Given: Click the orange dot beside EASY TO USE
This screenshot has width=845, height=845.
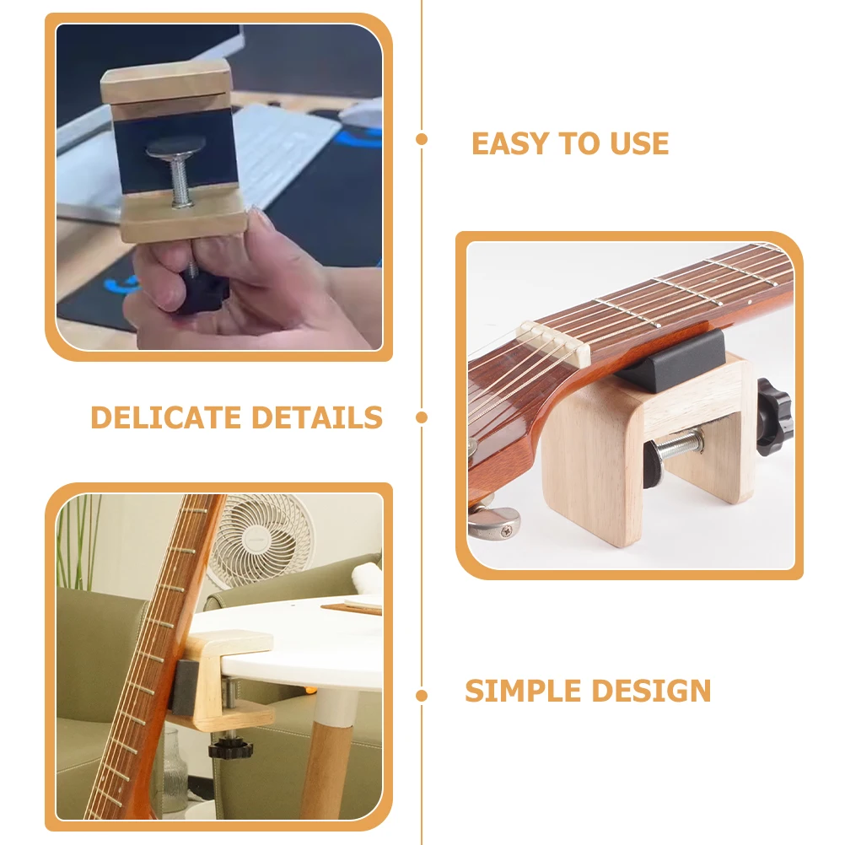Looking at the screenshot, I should tap(422, 139).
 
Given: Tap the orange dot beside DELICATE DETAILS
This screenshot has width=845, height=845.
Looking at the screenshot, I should tap(422, 417).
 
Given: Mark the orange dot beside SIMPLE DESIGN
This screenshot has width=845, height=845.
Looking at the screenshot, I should tap(422, 696).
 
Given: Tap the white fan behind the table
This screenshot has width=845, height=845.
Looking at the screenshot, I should tap(261, 540).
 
